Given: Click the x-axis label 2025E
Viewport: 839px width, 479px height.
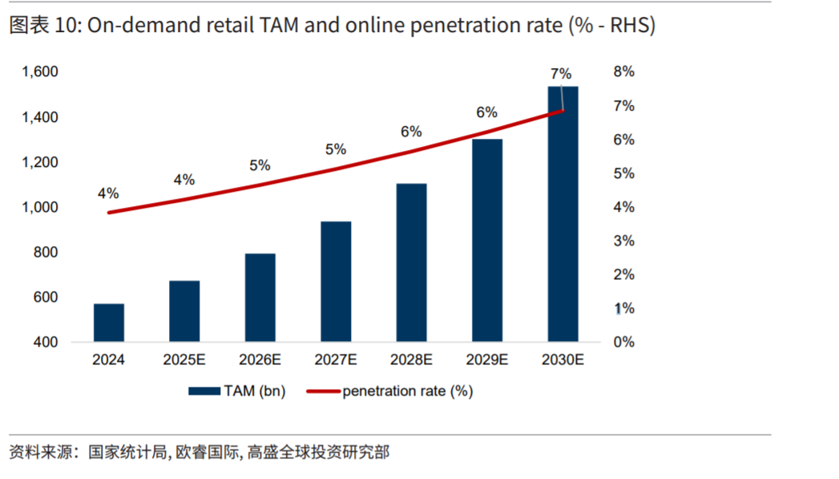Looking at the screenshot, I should [184, 361].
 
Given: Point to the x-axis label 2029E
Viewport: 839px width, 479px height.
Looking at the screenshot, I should [487, 361].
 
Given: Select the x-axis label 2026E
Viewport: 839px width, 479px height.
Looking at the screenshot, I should [260, 361].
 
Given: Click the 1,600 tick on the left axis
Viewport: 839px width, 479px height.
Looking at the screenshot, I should [40, 72].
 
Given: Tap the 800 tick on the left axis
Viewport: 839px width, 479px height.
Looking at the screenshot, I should [46, 253].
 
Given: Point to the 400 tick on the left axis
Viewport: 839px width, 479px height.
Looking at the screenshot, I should [46, 343].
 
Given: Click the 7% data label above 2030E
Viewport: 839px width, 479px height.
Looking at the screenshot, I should [560, 74].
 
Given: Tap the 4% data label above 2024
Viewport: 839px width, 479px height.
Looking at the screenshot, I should [108, 193].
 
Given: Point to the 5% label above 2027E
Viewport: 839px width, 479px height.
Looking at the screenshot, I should [336, 149].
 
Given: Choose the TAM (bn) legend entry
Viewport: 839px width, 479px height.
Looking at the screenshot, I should [237, 392].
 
